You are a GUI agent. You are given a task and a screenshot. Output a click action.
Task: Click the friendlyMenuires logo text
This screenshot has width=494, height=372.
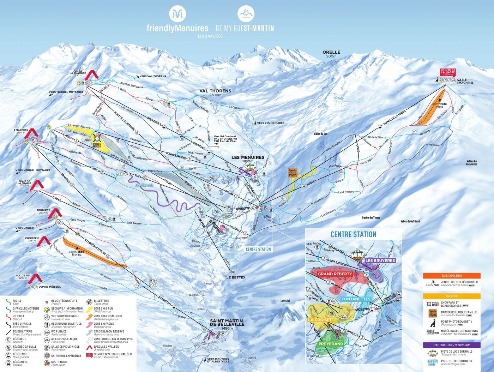(177, 28)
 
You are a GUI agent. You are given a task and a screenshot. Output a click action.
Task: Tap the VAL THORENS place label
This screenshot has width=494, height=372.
(215, 91)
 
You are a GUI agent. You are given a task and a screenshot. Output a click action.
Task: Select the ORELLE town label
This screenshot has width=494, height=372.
(331, 52)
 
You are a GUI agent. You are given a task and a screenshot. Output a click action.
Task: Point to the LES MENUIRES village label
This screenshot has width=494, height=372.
(248, 157)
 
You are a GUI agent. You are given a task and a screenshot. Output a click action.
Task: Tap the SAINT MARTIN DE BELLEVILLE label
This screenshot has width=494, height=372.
(227, 323)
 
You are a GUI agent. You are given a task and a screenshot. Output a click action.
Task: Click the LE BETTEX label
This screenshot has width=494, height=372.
(236, 277)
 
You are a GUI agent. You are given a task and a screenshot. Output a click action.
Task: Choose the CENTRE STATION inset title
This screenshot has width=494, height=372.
(353, 234)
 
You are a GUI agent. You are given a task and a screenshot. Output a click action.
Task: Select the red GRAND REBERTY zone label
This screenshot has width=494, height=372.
(335, 274)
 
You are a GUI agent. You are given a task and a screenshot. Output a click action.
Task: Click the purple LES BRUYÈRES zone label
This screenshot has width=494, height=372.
(380, 260)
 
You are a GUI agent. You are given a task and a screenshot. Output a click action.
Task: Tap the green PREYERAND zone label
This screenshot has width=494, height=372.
(331, 344)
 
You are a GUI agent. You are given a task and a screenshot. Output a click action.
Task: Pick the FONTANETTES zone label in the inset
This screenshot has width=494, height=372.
(356, 299)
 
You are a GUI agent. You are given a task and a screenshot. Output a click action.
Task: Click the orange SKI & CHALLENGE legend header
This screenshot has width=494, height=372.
(452, 276)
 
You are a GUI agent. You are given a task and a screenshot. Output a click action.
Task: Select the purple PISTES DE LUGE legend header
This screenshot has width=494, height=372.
(452, 345)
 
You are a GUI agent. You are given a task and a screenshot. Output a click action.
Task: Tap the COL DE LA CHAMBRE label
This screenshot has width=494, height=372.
(78, 73)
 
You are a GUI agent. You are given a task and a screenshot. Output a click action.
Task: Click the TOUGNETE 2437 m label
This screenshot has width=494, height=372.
(43, 211)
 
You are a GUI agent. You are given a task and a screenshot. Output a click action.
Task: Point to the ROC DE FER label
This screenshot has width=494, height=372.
(23, 277)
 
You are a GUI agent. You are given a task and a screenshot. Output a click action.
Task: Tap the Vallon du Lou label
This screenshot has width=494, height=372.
(320, 134)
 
